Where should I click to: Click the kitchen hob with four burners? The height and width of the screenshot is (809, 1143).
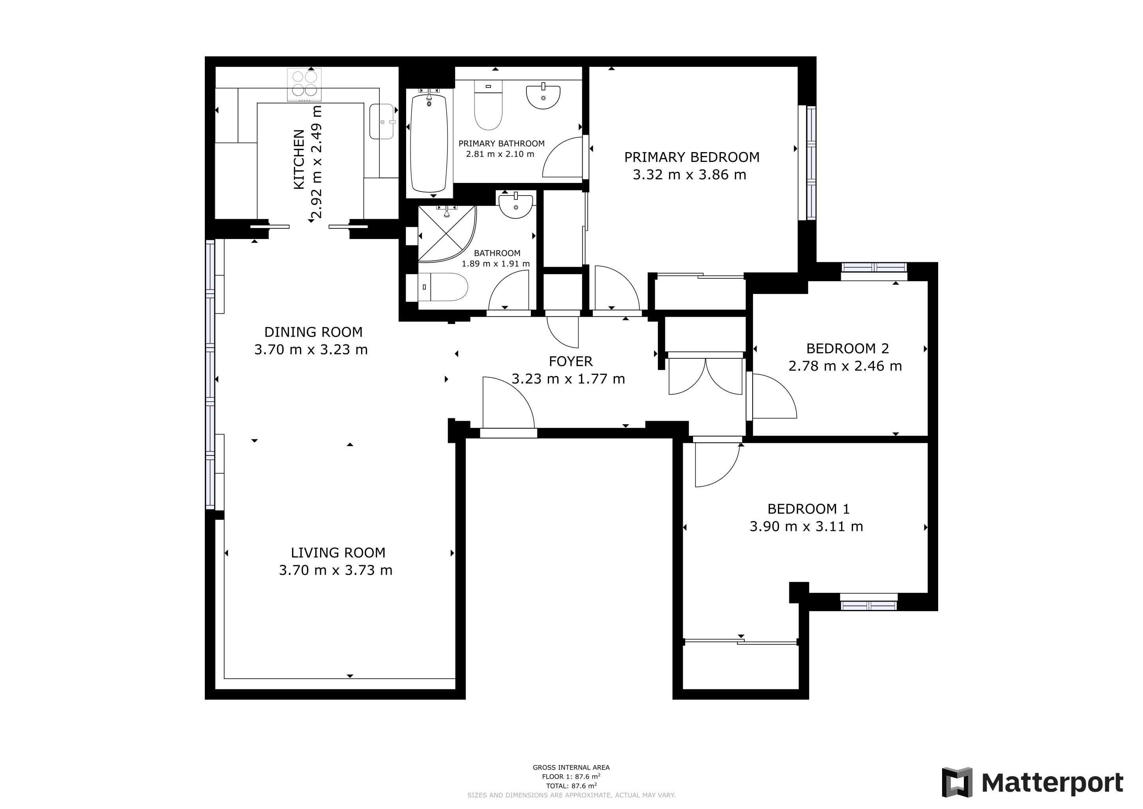304,85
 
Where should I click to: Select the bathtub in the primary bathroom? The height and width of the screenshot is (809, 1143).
429,143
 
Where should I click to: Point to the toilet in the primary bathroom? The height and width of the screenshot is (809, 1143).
488,105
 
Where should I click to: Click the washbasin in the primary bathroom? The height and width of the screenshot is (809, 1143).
543,96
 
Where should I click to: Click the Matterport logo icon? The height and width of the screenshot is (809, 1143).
957,783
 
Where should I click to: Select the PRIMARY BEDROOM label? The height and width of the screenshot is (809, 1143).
692,158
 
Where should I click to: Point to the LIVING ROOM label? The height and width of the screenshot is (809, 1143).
338,553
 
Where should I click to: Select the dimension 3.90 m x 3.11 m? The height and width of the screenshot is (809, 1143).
806,527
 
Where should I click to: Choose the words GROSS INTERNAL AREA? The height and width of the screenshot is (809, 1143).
571,768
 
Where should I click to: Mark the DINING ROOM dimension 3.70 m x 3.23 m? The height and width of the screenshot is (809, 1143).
311,350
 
